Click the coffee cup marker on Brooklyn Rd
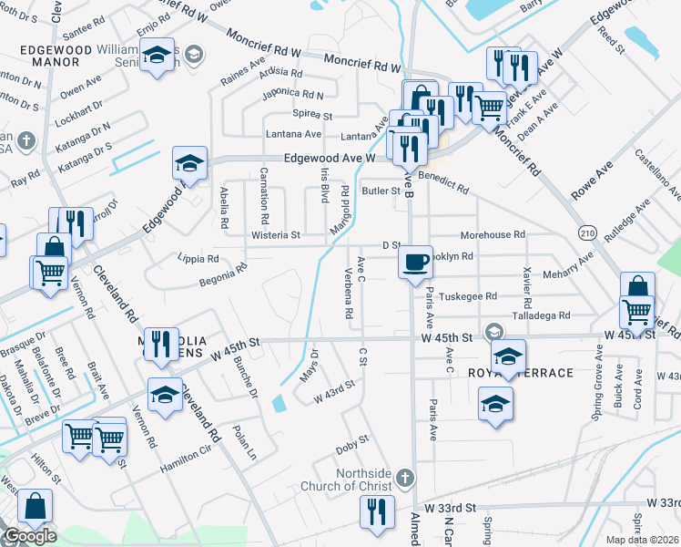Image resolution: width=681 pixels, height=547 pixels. [x=415, y=261]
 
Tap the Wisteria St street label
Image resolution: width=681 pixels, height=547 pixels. [x=275, y=235]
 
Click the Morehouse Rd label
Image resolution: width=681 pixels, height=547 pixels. [x=493, y=234]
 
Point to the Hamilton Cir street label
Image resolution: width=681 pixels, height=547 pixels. [x=192, y=462]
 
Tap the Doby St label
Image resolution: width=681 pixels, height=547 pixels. [x=351, y=444]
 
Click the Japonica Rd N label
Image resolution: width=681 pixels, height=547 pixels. [x=291, y=94]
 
